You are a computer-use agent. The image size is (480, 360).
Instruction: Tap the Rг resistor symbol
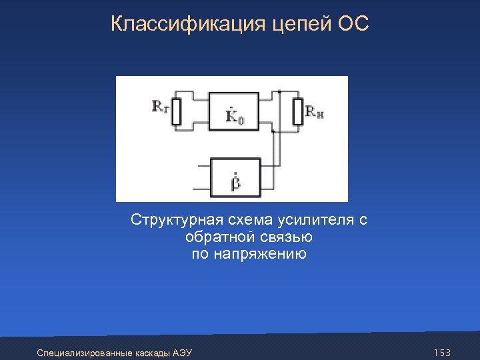coord(176,111)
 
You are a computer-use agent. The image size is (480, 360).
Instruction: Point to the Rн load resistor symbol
coord(297,111)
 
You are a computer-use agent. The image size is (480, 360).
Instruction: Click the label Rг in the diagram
coord(160,105)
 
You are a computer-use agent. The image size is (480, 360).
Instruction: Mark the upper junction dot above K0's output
coord(280,91)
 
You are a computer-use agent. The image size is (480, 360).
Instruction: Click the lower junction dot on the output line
coord(273,131)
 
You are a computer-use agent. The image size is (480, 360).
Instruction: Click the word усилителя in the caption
coord(308,221)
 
